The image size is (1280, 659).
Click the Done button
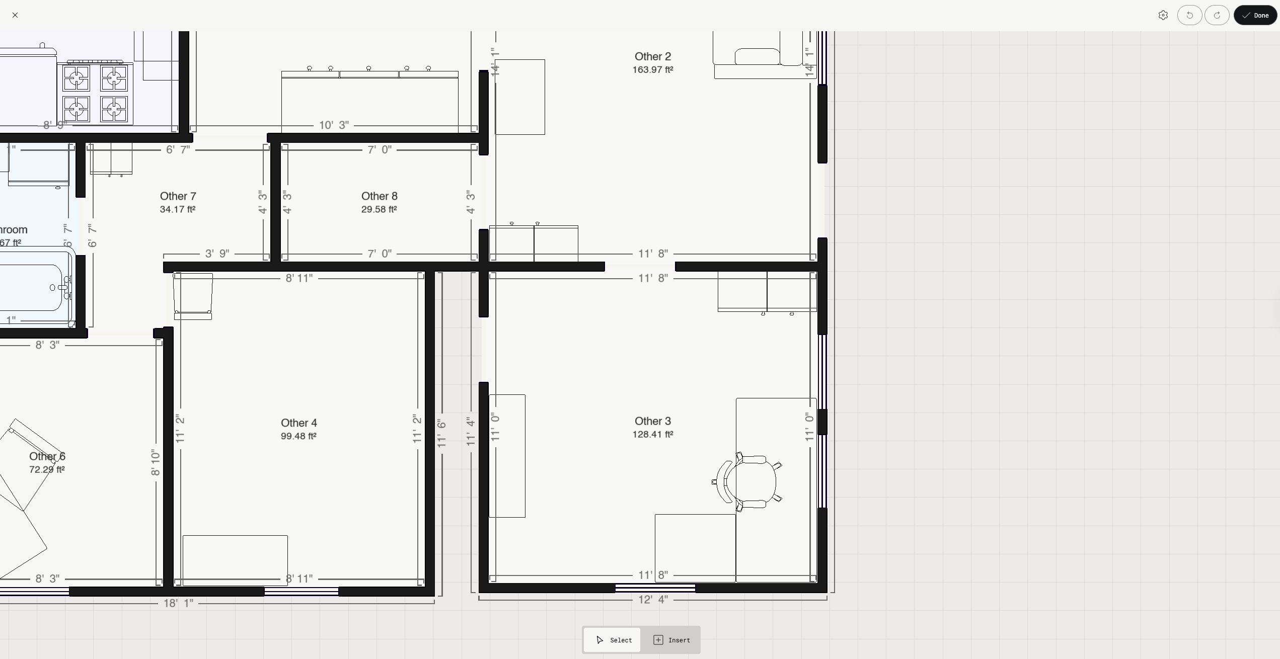click(1255, 15)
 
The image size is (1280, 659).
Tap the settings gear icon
click(1163, 15)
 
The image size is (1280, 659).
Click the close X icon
click(15, 15)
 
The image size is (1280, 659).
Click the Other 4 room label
click(298, 423)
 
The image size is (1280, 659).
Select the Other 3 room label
click(652, 421)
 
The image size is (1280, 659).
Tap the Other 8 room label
click(379, 196)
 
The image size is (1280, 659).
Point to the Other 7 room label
click(178, 196)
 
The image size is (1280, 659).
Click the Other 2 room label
click(652, 56)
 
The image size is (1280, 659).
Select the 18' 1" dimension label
click(178, 603)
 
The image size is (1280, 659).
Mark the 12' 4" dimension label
click(653, 600)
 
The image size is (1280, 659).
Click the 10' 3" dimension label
click(334, 125)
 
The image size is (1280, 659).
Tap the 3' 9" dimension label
click(217, 254)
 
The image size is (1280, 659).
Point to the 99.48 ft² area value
click(298, 436)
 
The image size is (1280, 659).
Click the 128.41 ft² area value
click(652, 434)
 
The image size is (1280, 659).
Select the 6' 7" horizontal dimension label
click(178, 150)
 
